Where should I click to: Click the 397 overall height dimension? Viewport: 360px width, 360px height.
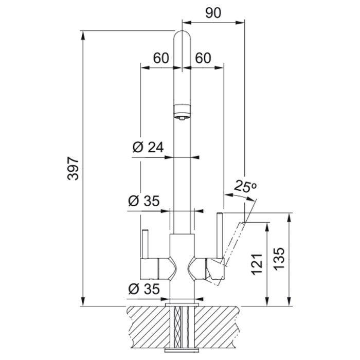(x=73, y=168)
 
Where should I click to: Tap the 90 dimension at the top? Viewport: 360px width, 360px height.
(x=213, y=13)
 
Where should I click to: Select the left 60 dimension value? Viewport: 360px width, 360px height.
(x=161, y=58)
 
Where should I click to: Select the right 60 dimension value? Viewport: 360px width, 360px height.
(x=203, y=58)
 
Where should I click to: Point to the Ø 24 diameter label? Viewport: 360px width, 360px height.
(x=148, y=147)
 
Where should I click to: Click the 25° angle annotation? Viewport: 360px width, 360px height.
(x=245, y=186)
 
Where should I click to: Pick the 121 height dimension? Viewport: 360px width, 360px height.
(x=257, y=264)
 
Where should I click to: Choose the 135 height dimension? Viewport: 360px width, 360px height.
(x=279, y=259)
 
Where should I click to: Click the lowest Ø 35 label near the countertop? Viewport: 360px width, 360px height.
(x=144, y=289)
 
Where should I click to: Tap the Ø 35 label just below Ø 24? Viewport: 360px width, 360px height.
(x=144, y=201)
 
